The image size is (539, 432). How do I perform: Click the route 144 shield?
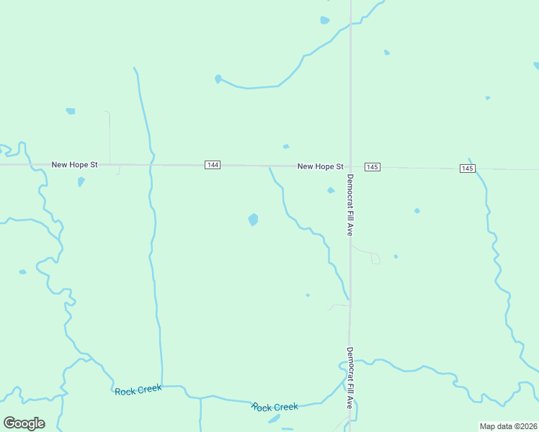point(212,165)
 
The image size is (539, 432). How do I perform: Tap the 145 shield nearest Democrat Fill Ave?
point(371,167)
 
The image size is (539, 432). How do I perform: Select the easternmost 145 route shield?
point(468,168)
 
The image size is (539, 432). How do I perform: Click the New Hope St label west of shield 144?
point(74,165)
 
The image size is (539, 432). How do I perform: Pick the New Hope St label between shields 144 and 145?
point(320,166)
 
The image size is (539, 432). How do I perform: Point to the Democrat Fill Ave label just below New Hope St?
point(350,205)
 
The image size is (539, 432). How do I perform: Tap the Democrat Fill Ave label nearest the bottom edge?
point(349,379)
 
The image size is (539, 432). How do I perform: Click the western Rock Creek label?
point(138,390)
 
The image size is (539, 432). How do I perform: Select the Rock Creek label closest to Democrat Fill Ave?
point(275,407)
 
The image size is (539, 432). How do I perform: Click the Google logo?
point(24,423)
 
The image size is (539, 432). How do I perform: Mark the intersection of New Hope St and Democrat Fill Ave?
point(350,166)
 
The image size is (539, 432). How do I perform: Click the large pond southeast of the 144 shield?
point(253,220)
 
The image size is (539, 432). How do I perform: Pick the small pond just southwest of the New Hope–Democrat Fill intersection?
point(331,191)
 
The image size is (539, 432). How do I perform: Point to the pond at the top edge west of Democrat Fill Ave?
point(324,20)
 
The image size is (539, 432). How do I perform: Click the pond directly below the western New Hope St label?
point(81,181)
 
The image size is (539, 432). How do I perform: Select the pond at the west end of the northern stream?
point(218,78)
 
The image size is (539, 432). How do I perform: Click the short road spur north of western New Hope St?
point(110,137)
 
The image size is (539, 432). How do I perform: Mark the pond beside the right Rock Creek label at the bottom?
point(275,418)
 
